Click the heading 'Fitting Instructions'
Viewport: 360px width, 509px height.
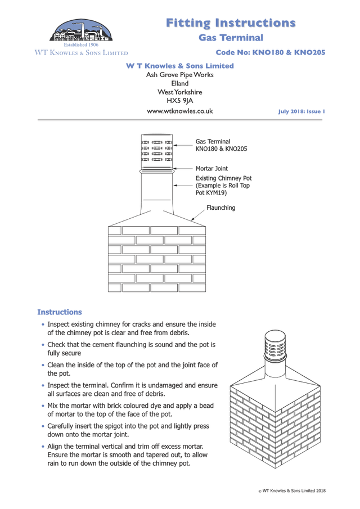coord(231,22)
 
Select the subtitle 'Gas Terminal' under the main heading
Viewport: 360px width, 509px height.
coord(231,38)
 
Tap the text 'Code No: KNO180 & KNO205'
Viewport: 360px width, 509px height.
coord(270,53)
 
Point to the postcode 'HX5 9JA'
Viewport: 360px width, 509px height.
coord(180,101)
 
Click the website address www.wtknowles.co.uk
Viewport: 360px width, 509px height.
coord(179,111)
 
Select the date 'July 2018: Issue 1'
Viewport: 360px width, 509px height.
coord(301,112)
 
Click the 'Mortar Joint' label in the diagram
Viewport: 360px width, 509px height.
coord(211,168)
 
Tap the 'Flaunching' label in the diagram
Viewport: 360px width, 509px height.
coord(220,208)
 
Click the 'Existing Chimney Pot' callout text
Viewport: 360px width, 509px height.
coord(223,178)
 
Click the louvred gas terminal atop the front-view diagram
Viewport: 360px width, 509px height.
coord(157,150)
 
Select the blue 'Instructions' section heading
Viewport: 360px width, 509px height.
coord(59,312)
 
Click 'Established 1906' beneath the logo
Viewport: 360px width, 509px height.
coord(81,44)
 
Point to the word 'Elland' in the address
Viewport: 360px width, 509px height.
coord(179,83)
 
